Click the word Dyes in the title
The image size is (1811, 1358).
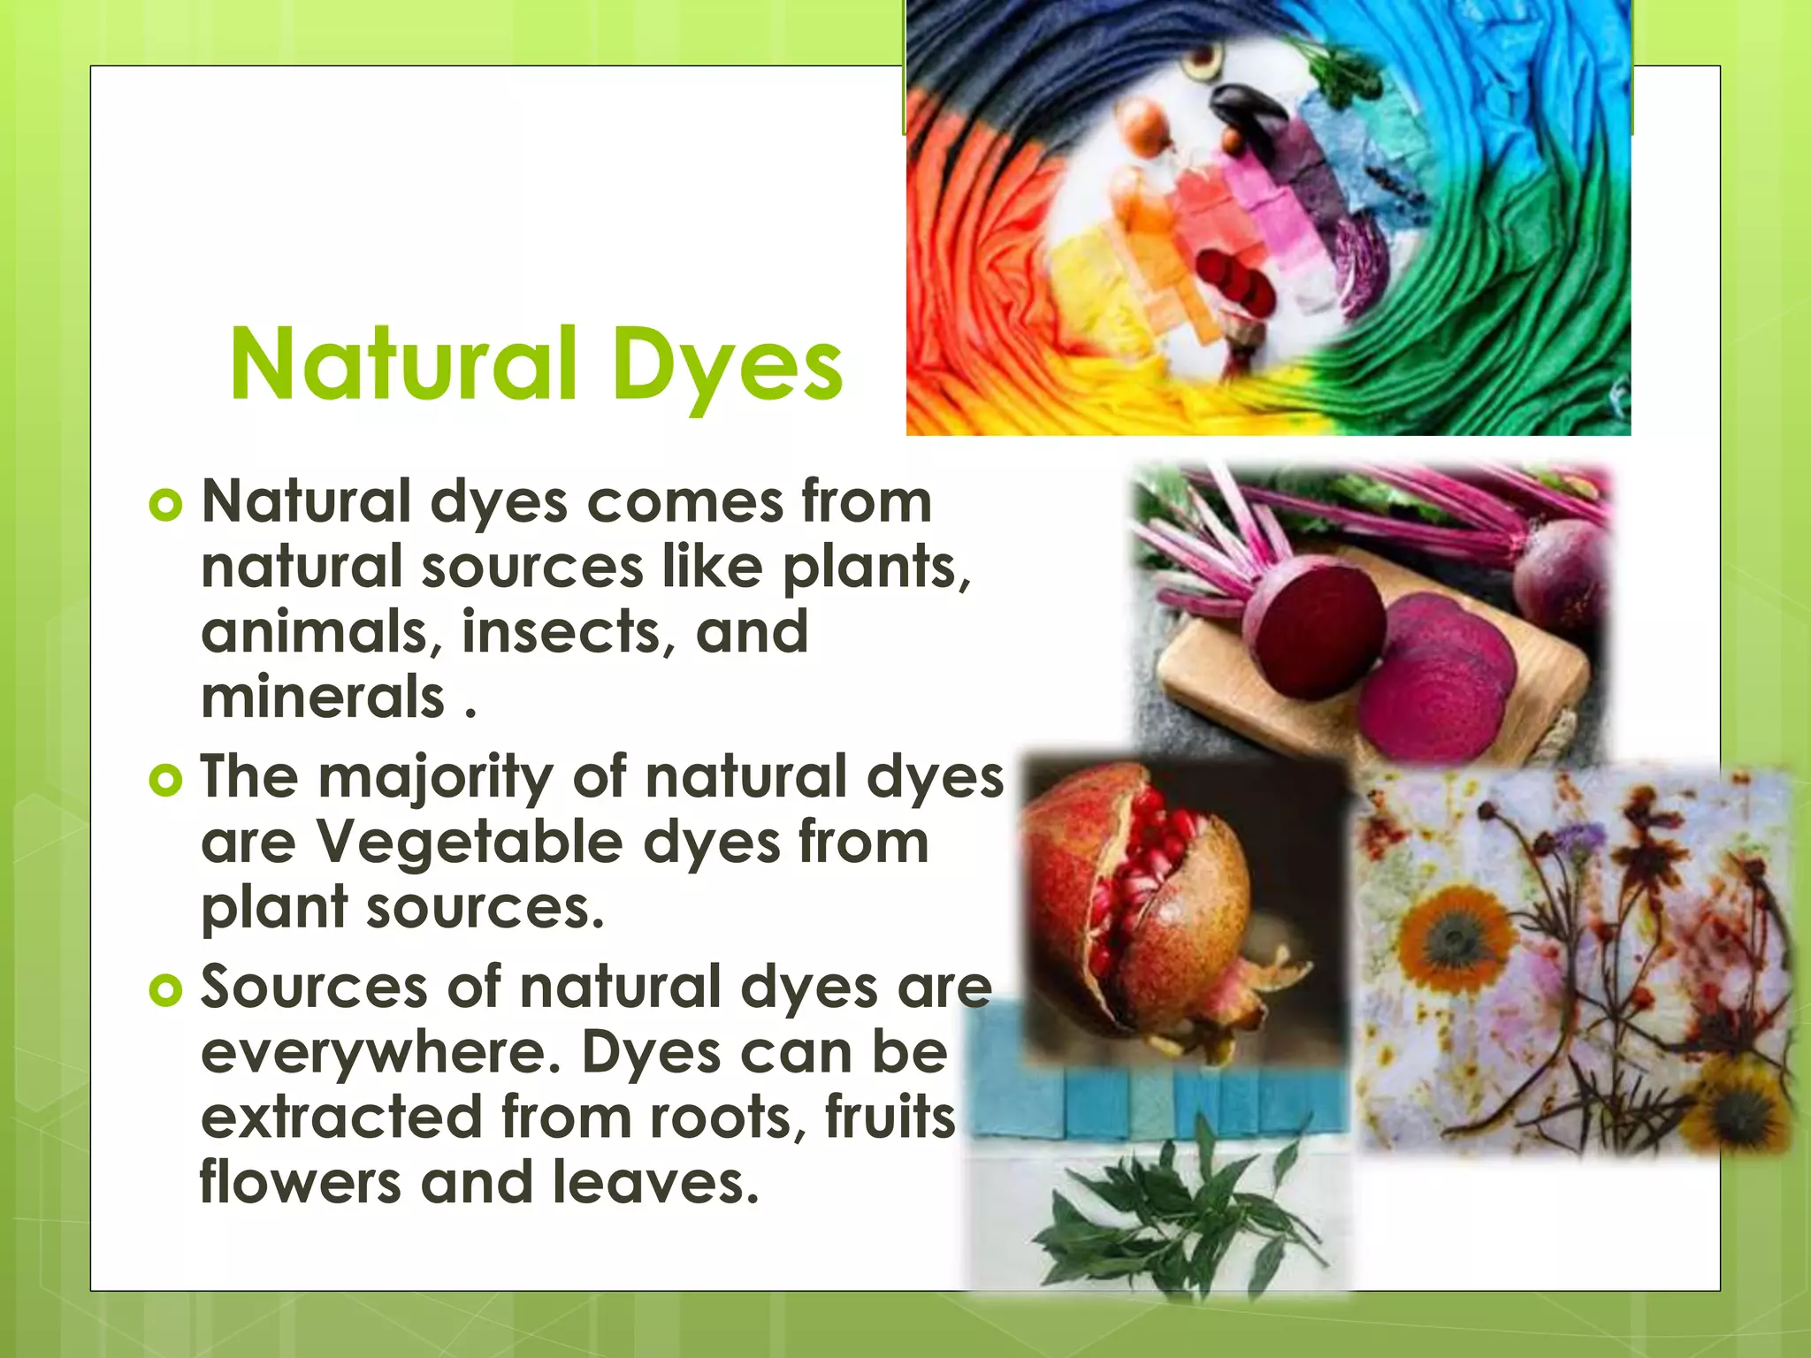(727, 364)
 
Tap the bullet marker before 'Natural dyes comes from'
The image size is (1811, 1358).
(165, 506)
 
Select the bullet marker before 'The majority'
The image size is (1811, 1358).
(165, 780)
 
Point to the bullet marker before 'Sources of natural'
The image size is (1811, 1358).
(165, 990)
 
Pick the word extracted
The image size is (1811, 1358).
(341, 1118)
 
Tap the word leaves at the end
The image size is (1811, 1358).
(654, 1183)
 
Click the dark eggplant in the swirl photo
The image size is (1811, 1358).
(1249, 111)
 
